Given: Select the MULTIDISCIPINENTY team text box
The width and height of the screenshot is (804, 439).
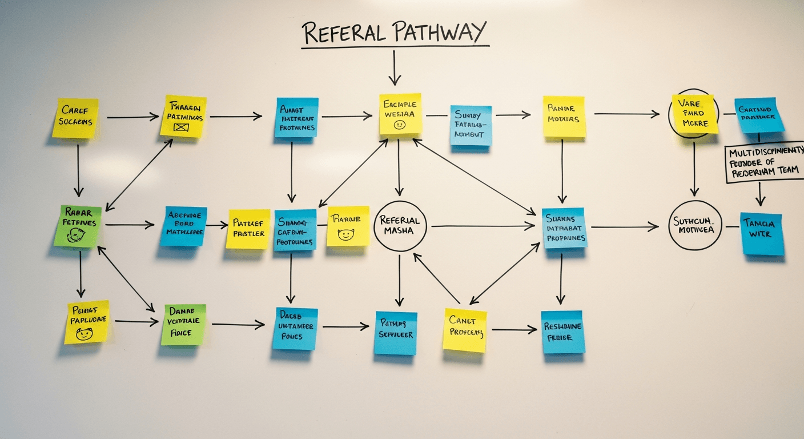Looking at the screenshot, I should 765,163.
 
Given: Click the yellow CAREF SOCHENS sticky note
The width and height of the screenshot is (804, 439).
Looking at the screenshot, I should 75,118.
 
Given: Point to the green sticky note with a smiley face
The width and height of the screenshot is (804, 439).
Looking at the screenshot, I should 78,226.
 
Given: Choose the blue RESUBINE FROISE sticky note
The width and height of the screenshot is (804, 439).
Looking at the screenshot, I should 562,332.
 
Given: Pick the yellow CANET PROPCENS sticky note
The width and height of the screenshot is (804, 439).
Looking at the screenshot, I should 465,330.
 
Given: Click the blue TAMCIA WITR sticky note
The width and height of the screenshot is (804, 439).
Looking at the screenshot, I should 762,233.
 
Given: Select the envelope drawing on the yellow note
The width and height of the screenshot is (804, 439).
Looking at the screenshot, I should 181,127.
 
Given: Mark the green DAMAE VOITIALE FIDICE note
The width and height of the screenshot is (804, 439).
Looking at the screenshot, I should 183,324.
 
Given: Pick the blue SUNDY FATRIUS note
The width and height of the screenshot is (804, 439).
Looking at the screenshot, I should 471,125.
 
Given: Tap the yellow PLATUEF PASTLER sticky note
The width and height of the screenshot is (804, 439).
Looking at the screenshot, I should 248,229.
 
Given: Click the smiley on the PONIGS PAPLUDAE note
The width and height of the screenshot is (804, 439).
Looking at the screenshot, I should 85,333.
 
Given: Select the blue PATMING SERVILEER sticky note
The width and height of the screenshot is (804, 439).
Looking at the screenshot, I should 395,333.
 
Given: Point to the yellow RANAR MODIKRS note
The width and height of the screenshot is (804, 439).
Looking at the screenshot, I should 564,117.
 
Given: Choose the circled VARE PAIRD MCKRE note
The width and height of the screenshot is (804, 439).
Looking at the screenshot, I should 694,115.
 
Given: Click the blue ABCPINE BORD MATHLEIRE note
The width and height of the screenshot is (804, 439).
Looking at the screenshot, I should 183,226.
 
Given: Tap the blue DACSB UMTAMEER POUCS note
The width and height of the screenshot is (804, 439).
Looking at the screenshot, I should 295,328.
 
